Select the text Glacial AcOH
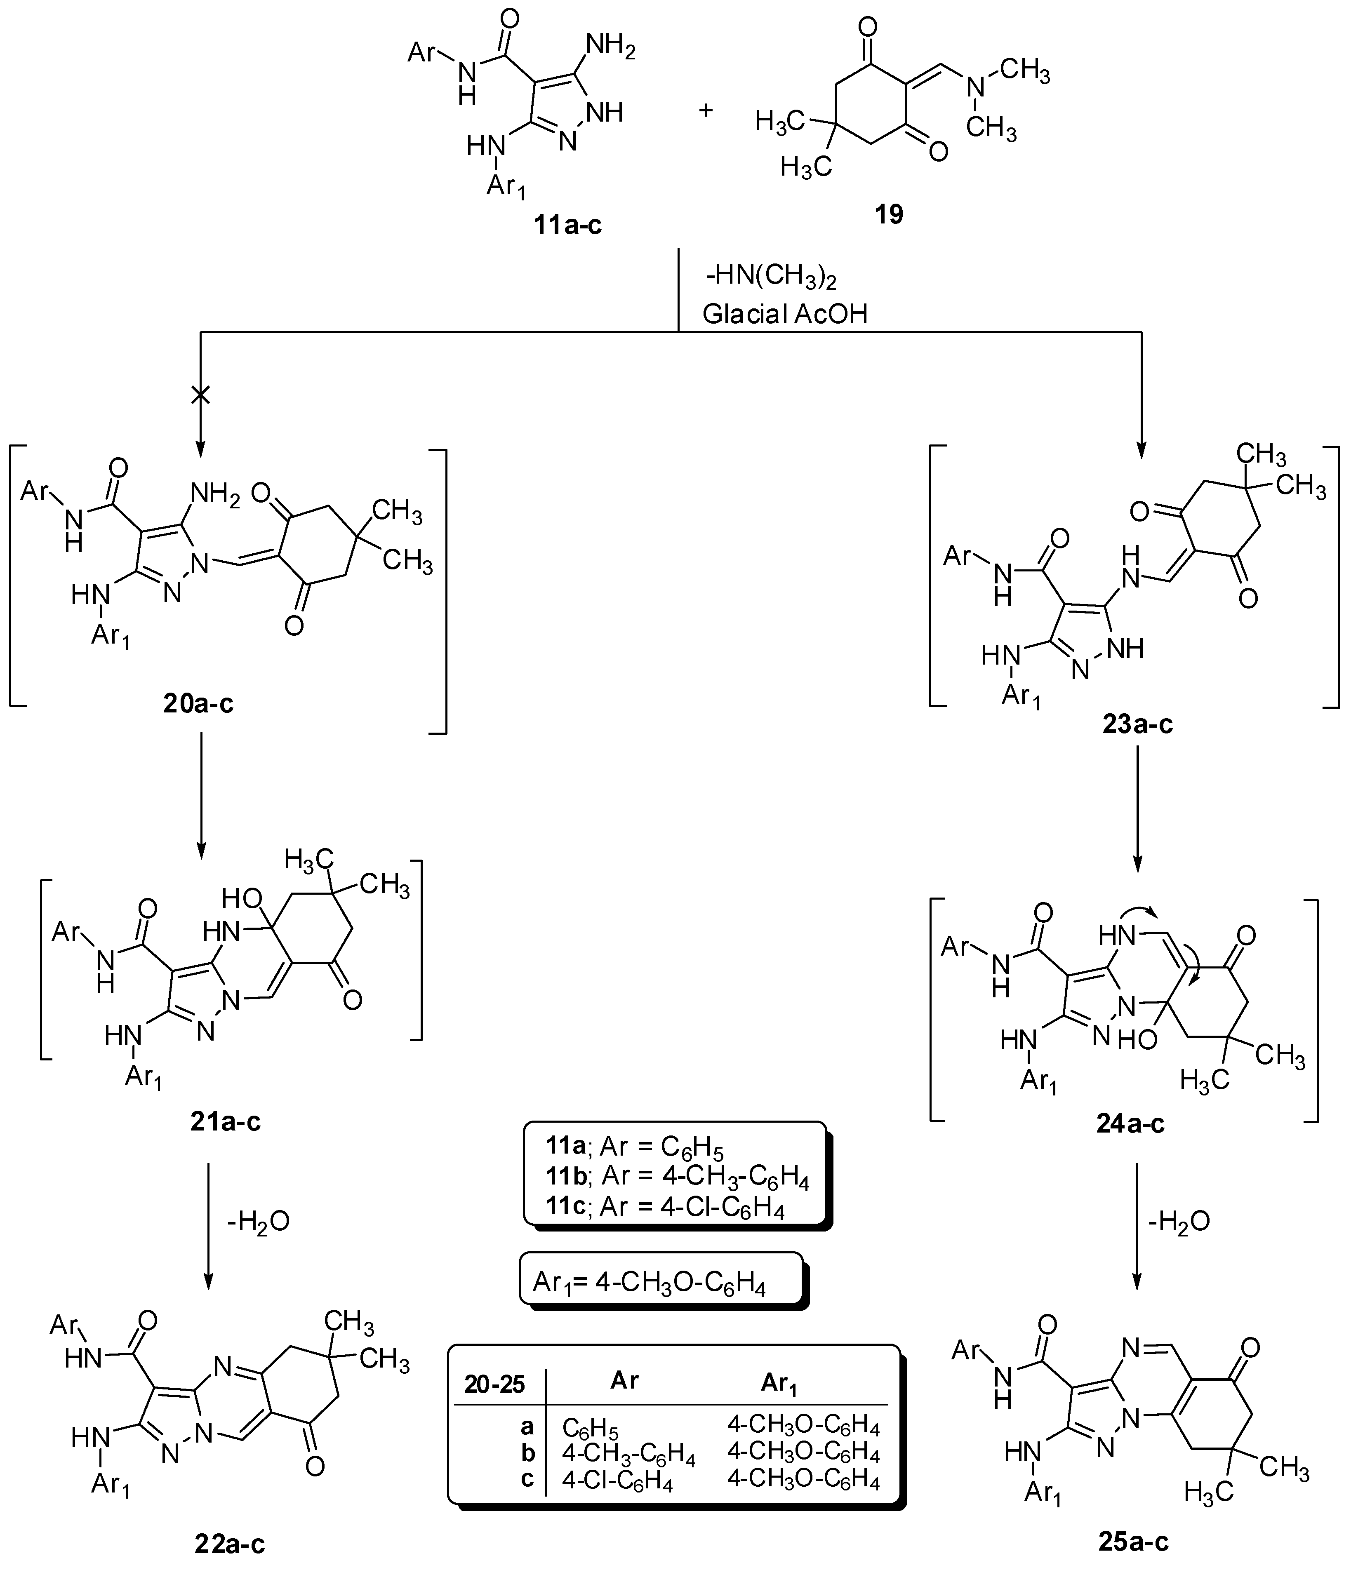click(784, 314)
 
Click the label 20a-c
click(198, 704)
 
